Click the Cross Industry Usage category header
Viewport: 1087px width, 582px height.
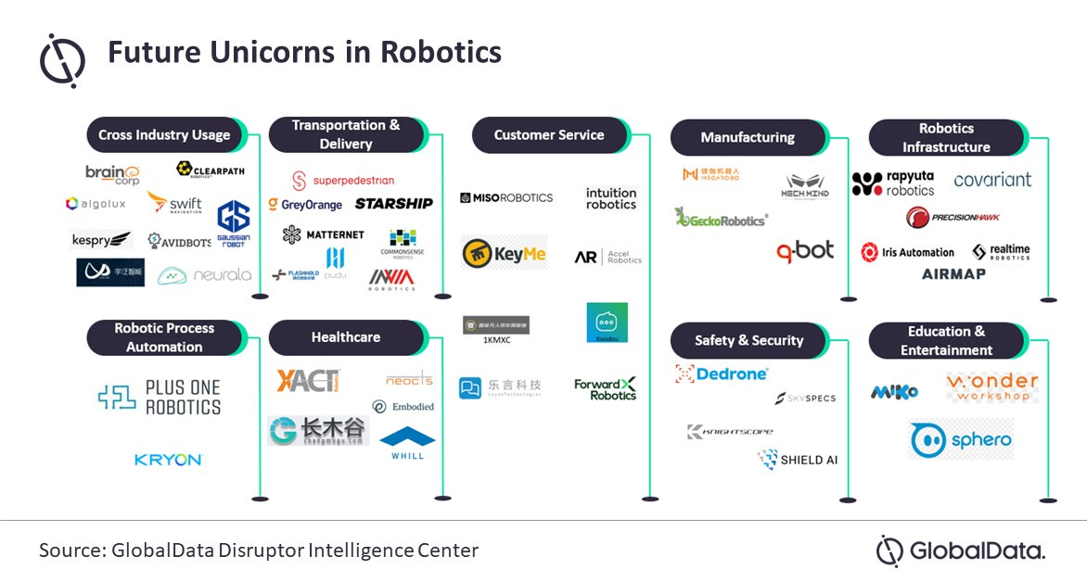[x=164, y=135]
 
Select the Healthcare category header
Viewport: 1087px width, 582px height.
[x=346, y=337]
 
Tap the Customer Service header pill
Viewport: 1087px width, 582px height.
[x=549, y=135]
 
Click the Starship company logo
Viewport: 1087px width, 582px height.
[x=393, y=204]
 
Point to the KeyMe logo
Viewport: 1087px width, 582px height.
[x=505, y=253]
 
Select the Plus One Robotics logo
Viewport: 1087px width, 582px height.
[x=160, y=397]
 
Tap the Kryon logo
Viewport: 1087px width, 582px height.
[x=167, y=460]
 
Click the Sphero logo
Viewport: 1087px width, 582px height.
[x=961, y=439]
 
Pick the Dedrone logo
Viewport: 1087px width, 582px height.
[x=722, y=374]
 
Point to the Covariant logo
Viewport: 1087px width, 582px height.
[x=992, y=180]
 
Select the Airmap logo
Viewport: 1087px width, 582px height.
[x=953, y=274]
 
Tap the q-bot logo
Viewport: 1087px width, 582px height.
[x=805, y=250]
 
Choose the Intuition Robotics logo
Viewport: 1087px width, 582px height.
[x=611, y=198]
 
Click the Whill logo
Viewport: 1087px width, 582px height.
[x=407, y=443]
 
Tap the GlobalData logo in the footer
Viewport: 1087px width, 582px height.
[x=961, y=551]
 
